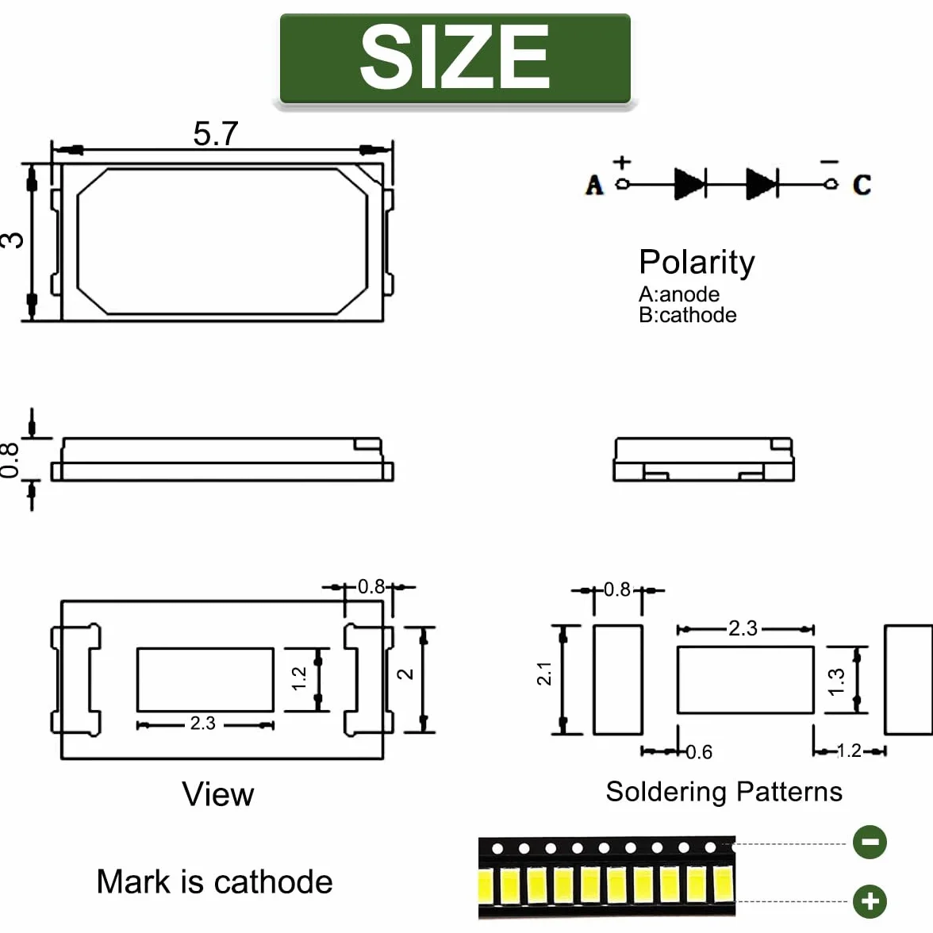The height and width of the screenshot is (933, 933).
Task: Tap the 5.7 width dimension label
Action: pos(216,133)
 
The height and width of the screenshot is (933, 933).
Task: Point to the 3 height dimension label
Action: pos(12,240)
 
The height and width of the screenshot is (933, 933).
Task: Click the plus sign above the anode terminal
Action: pos(622,162)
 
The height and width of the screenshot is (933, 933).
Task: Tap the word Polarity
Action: pos(697,263)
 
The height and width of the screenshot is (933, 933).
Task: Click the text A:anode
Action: pos(679,294)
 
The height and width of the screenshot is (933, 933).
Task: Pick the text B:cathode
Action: pos(687,315)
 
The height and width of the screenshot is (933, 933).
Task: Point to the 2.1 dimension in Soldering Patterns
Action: pos(544,674)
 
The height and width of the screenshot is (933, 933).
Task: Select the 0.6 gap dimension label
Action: pos(699,752)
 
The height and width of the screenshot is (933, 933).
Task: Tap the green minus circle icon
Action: pos(870,842)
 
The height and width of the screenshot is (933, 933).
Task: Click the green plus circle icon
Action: pos(870,901)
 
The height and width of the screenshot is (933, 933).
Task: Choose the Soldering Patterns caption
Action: pos(724,792)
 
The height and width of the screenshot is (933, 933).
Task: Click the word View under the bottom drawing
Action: pos(217,794)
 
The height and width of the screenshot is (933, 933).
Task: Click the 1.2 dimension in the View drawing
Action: pos(298,678)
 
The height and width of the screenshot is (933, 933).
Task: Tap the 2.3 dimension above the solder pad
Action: pos(743,628)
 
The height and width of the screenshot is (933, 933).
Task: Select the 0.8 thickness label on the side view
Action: pos(9,460)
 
